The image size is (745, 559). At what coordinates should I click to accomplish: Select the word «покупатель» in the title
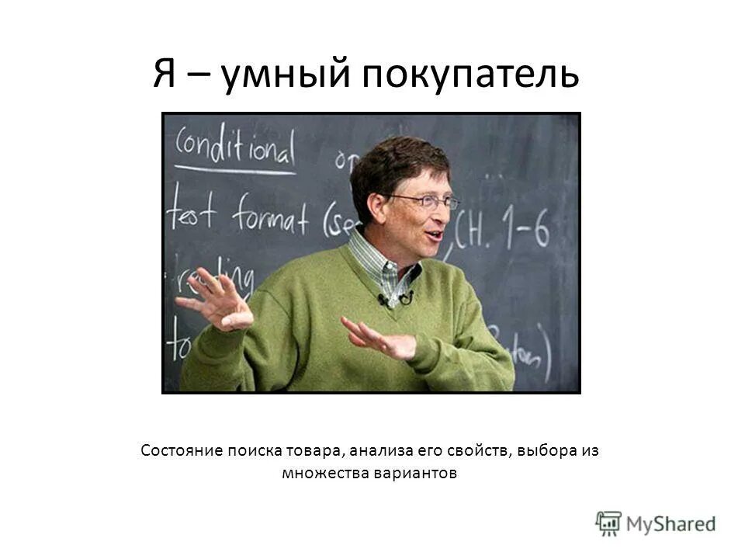[x=466, y=75]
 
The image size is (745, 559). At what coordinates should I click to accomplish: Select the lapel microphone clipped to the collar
[x=386, y=299]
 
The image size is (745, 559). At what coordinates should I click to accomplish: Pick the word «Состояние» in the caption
[x=182, y=451]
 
